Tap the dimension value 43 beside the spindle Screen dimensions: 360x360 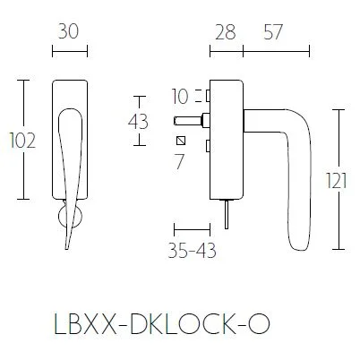(x=140, y=121)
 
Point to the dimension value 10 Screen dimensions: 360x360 (x=179, y=95)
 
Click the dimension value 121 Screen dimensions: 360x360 (x=336, y=179)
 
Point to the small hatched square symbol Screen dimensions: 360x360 (x=182, y=141)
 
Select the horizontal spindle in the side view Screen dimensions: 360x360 (x=191, y=119)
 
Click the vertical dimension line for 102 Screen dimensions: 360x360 (x=25, y=141)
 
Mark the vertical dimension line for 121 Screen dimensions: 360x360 (x=339, y=179)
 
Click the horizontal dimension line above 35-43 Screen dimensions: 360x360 (x=192, y=229)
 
